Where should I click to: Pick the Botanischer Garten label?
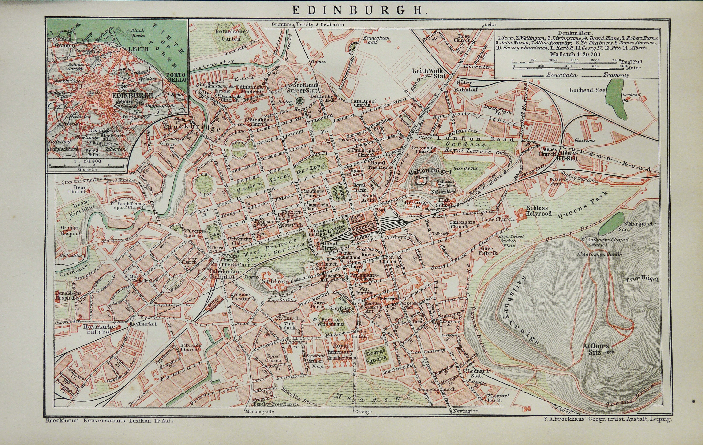coord(232,35)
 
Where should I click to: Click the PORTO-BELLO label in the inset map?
coord(176,77)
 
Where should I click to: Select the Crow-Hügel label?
coord(642,279)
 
